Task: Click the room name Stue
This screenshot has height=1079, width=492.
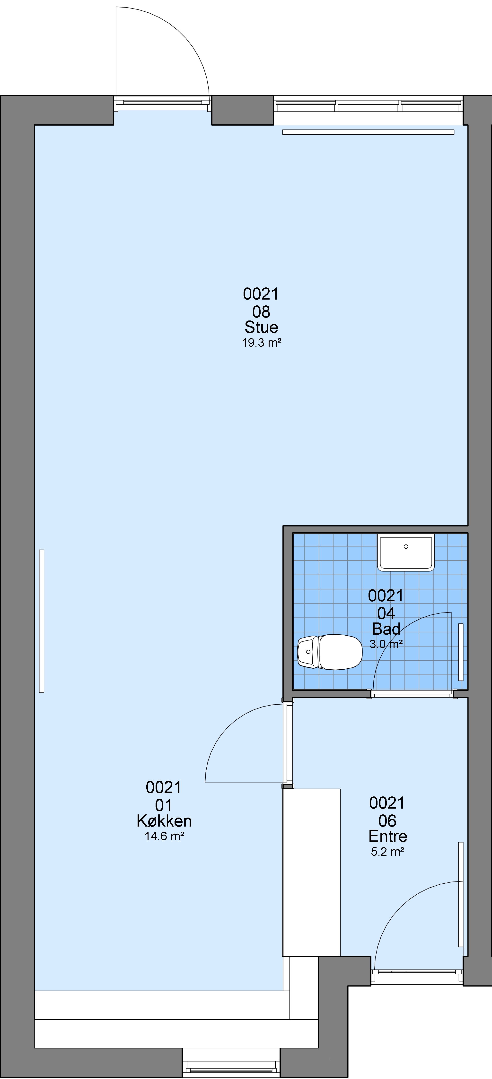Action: (x=261, y=327)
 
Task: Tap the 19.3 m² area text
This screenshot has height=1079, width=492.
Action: (x=261, y=343)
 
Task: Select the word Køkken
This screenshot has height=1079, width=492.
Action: (x=164, y=820)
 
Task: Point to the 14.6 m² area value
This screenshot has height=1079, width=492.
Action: (x=164, y=836)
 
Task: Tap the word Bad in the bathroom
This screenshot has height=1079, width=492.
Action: (x=386, y=628)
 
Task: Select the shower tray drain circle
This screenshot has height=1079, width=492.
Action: (x=406, y=547)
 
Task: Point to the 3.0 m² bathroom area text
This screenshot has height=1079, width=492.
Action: (x=386, y=644)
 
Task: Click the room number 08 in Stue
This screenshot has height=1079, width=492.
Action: (x=261, y=312)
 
